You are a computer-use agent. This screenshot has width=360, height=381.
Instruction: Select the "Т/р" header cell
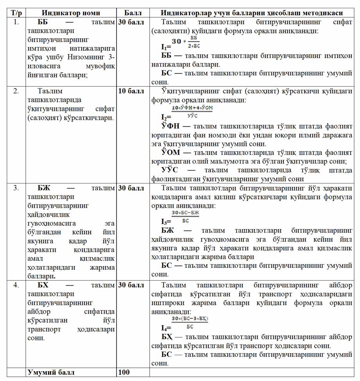point(16,13)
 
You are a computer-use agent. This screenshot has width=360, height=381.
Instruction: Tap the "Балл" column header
point(133,13)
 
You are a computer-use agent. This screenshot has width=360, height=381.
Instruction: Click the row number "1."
point(16,22)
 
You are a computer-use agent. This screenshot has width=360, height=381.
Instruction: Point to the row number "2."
point(16,91)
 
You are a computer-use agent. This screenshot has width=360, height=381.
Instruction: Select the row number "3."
point(16,188)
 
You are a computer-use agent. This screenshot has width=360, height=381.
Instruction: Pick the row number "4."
point(16,285)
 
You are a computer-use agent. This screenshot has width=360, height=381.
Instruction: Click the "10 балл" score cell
point(131,91)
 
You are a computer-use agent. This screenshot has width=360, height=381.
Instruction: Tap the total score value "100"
point(124,372)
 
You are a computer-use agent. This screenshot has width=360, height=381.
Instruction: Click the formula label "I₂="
point(166,117)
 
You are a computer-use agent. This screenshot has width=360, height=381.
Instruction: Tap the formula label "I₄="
point(166,328)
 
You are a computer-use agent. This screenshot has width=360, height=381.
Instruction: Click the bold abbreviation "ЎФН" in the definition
point(171,126)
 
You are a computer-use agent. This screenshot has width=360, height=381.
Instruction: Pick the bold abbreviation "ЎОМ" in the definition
point(171,152)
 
